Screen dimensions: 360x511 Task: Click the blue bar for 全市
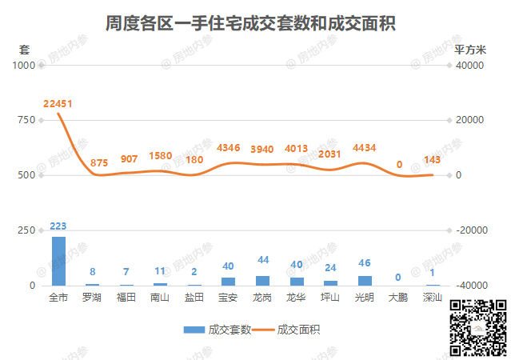[x=58, y=261]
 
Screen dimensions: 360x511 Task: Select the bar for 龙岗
[x=262, y=281]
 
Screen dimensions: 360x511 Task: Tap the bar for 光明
[x=365, y=281]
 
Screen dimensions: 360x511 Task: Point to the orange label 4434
[x=364, y=147]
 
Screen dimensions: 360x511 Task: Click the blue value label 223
[x=58, y=226]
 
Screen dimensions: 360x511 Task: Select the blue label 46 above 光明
[x=365, y=262]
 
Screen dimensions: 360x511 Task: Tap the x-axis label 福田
[x=126, y=298]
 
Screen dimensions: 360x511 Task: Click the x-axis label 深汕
[x=433, y=298]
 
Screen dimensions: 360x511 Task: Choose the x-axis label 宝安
[x=228, y=298]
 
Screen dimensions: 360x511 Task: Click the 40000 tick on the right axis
[x=468, y=65]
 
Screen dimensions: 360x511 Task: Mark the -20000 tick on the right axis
[x=470, y=230]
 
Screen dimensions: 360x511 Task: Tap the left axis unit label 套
[x=24, y=48]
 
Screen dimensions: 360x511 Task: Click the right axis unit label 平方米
[x=470, y=48]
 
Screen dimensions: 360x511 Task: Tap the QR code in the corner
[x=477, y=327]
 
